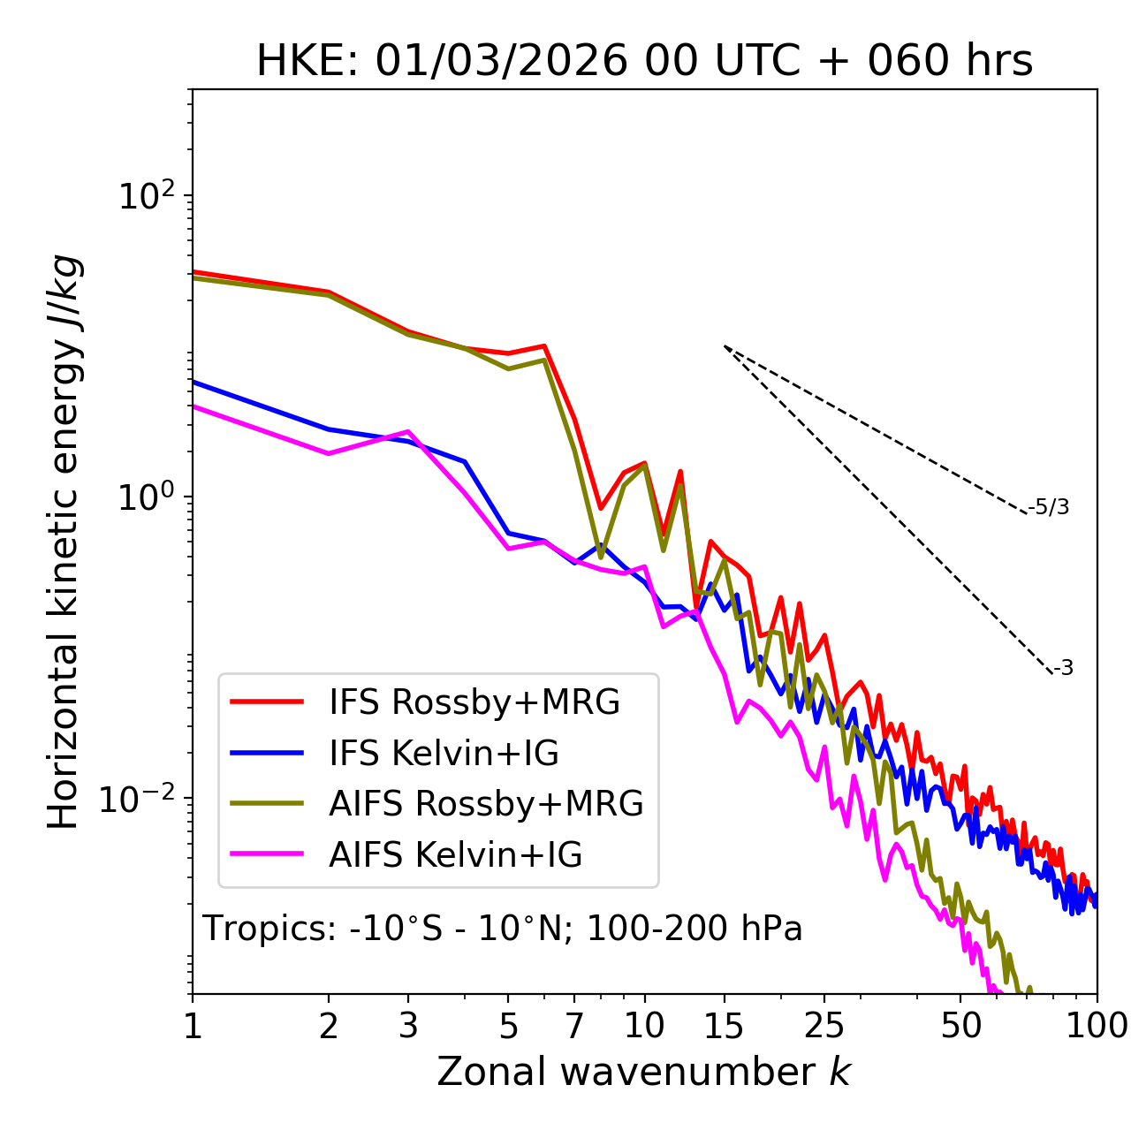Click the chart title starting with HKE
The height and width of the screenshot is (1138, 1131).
[644, 61]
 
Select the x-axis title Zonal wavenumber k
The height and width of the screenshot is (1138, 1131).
[644, 1072]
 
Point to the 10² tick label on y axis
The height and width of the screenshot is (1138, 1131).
[146, 195]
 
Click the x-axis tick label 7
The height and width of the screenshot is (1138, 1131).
[574, 1025]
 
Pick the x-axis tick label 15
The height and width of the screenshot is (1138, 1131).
[724, 1025]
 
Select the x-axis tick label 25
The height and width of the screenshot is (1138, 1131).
[824, 1025]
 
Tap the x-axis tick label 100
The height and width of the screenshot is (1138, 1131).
[1096, 1025]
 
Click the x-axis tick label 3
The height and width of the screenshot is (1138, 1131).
[408, 1025]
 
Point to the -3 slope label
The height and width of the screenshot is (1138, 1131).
[1063, 668]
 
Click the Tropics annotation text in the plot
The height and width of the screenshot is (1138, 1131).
[503, 929]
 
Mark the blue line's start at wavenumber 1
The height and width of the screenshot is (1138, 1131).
[194, 382]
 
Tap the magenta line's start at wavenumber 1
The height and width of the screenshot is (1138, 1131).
[194, 406]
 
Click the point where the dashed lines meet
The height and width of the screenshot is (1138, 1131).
[725, 346]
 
